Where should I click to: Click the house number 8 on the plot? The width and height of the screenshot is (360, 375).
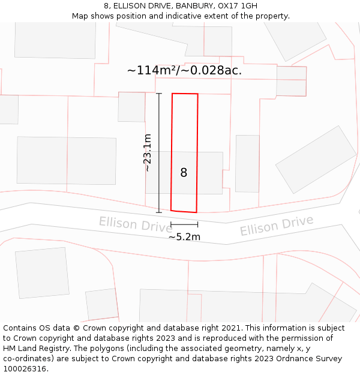[184, 173]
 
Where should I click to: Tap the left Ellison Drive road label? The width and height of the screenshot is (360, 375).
[136, 224]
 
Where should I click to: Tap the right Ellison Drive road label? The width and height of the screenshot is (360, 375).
[277, 226]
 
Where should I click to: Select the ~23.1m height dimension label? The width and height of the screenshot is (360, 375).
[148, 153]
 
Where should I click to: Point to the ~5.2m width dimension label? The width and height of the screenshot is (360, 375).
[184, 237]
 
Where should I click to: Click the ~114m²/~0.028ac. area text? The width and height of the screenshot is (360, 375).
[184, 70]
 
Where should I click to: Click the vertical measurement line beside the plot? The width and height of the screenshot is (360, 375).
[159, 153]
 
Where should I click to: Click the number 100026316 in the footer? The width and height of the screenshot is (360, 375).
[24, 368]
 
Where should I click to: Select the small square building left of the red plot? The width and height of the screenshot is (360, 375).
[131, 107]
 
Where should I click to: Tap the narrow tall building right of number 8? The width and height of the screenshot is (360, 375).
[247, 163]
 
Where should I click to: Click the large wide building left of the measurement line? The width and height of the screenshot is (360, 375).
[67, 160]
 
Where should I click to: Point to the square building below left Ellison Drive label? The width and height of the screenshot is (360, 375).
[42, 272]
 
